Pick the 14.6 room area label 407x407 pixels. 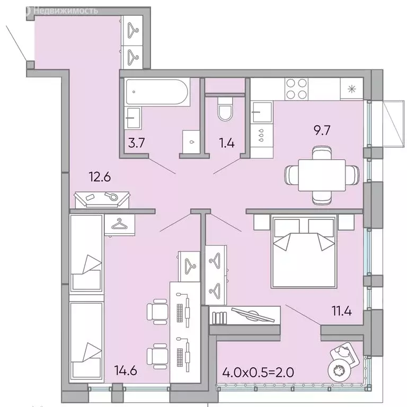(127, 370)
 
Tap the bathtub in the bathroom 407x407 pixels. (156, 91)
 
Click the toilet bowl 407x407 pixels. (225, 112)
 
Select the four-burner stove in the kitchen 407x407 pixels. (297, 89)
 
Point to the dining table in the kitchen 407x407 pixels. (323, 174)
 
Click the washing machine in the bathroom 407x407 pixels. (191, 141)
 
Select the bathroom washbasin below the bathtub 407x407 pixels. (133, 117)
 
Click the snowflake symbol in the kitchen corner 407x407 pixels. (350, 89)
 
